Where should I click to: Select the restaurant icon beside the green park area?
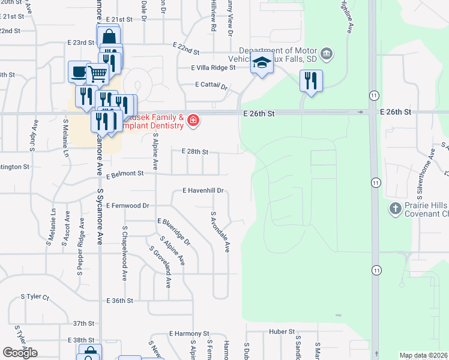(x=311, y=80)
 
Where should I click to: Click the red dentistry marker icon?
(x=193, y=121)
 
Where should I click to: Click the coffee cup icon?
(x=79, y=71)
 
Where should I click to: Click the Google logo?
(x=20, y=353)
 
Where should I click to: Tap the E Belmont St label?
(x=125, y=174)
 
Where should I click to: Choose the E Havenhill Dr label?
(x=203, y=191)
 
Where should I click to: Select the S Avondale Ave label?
(x=220, y=232)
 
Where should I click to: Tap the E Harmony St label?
(x=188, y=333)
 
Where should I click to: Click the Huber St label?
(x=282, y=331)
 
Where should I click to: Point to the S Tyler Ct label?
(x=34, y=296)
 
